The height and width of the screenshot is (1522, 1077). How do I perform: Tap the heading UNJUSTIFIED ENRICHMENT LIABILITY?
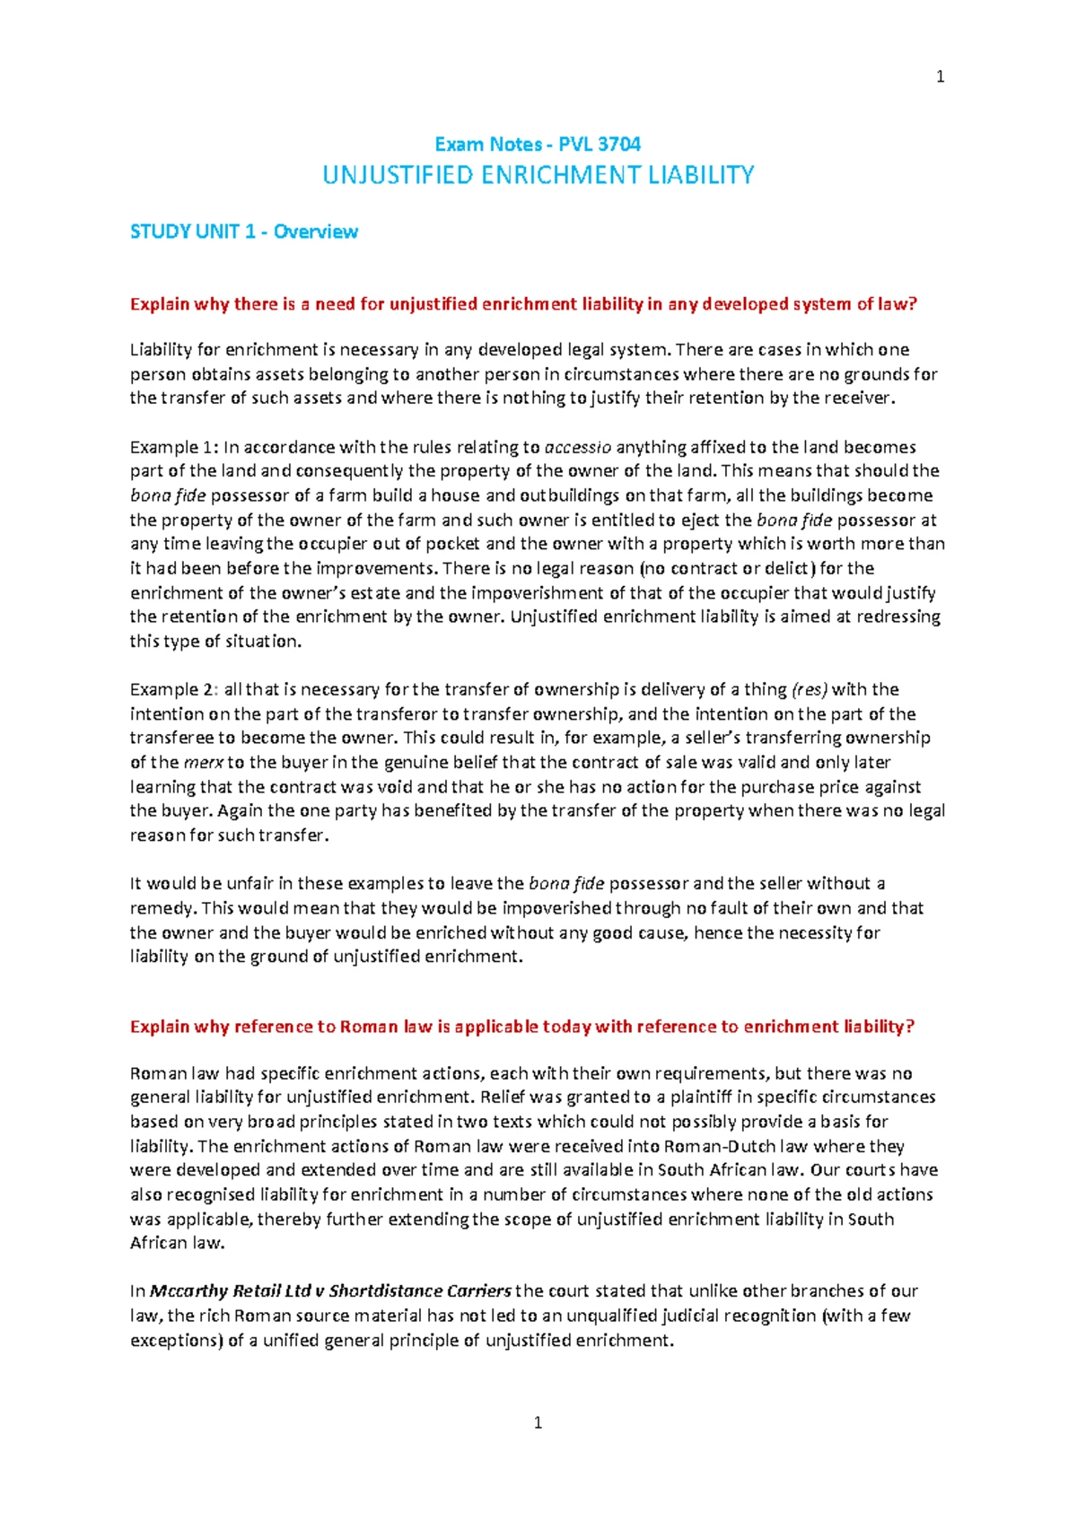[x=538, y=175]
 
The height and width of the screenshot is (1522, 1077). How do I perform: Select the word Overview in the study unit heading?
[x=315, y=232]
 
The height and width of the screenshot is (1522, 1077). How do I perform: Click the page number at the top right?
[x=940, y=77]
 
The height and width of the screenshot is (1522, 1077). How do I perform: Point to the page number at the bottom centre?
[x=538, y=1422]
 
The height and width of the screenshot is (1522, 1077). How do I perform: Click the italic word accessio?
[x=578, y=447]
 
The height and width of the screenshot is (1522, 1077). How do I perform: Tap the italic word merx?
[x=204, y=763]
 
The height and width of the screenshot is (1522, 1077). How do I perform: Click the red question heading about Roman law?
[x=521, y=1027]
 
